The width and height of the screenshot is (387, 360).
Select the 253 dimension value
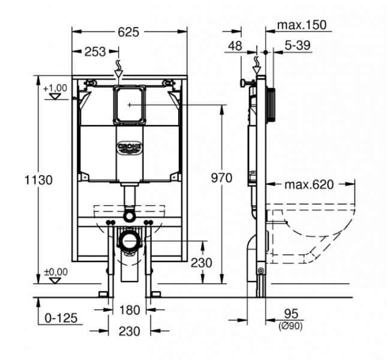96,52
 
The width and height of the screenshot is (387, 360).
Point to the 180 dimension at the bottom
129,310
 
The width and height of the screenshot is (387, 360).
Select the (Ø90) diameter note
290,326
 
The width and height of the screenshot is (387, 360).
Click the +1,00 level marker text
55,88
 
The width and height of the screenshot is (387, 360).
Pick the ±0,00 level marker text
55,271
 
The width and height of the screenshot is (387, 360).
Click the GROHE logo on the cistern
129,146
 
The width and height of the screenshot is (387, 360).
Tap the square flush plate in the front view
129,105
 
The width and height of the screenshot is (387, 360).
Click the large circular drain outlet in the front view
128,241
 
